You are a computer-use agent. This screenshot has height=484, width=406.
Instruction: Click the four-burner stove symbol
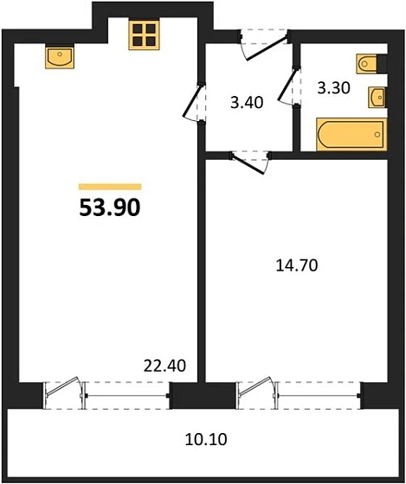click(142, 35)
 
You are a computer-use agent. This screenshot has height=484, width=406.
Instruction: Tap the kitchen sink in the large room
click(60, 60)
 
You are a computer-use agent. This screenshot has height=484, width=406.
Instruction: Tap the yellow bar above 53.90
click(110, 186)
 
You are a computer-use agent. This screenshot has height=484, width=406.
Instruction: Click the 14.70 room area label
click(295, 265)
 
